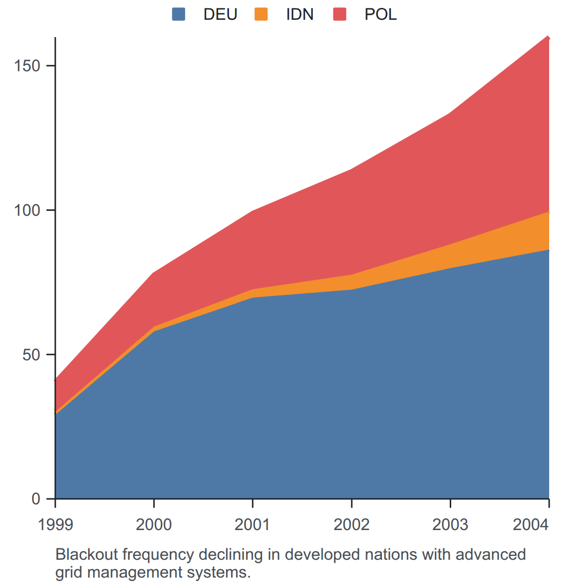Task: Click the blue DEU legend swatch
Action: (178, 14)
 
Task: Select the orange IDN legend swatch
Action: (261, 14)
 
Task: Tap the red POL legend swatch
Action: (339, 14)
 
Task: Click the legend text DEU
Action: (221, 14)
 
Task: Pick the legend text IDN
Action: (300, 14)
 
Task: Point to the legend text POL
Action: (380, 14)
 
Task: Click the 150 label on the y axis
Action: (27, 66)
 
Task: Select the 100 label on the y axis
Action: (27, 210)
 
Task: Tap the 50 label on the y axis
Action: (31, 355)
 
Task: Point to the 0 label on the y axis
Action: (36, 499)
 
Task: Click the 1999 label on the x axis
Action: (55, 525)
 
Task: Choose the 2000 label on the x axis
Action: (154, 525)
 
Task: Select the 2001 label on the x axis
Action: (252, 525)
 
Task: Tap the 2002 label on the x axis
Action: (351, 525)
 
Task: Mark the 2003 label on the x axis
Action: (450, 525)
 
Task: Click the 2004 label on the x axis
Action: (531, 525)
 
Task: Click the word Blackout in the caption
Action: (87, 554)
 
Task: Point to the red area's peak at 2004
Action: (549, 37)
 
